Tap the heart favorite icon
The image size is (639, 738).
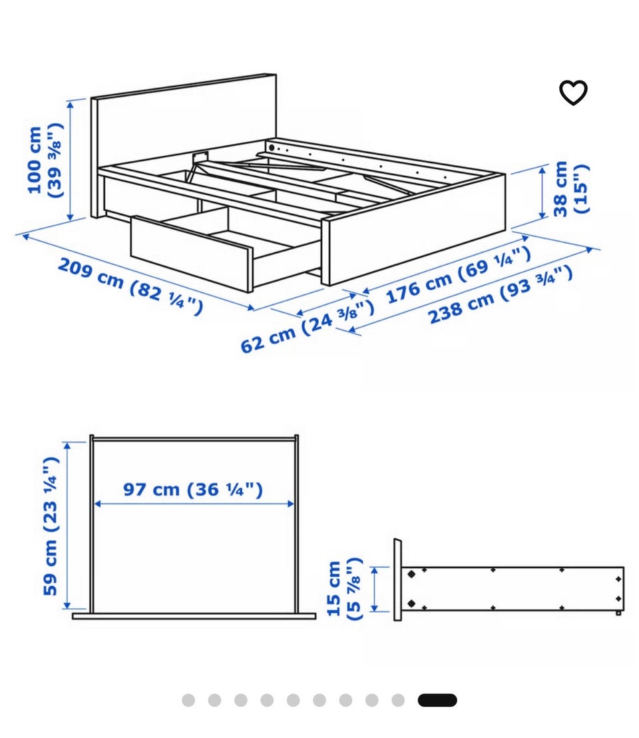(x=573, y=92)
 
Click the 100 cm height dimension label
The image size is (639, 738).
(x=45, y=160)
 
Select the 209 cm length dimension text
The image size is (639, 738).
(x=130, y=286)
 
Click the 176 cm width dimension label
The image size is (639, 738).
(x=459, y=275)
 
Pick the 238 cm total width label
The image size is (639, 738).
(x=501, y=295)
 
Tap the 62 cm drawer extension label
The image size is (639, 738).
(x=308, y=326)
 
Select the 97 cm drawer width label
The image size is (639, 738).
(x=193, y=489)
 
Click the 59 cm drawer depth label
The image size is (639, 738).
(x=51, y=526)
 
